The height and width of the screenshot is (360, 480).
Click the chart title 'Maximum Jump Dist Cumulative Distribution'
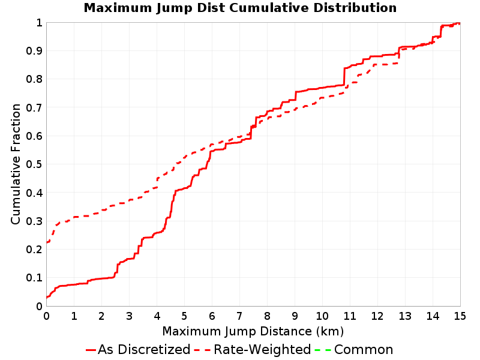(240, 8)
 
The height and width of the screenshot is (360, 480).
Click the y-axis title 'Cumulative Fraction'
(16, 164)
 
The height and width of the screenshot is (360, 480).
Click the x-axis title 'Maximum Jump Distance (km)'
(253, 331)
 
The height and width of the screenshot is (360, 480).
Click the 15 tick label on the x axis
(460, 316)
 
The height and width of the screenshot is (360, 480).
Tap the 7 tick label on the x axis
(239, 316)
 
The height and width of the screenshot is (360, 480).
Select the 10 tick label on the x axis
(322, 316)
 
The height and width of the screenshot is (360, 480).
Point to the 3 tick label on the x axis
(129, 316)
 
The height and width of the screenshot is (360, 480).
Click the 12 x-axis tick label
(377, 316)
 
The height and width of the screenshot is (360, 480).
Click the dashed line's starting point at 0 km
(47, 242)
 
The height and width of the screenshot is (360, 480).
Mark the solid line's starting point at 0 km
(47, 297)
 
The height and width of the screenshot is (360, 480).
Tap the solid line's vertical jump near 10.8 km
(344, 77)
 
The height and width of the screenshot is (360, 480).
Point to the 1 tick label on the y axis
(39, 23)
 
